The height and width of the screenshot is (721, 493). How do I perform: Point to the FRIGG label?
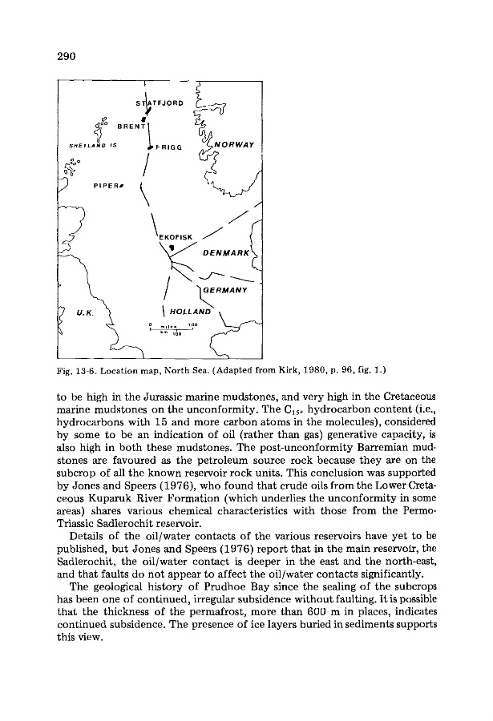(168, 148)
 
